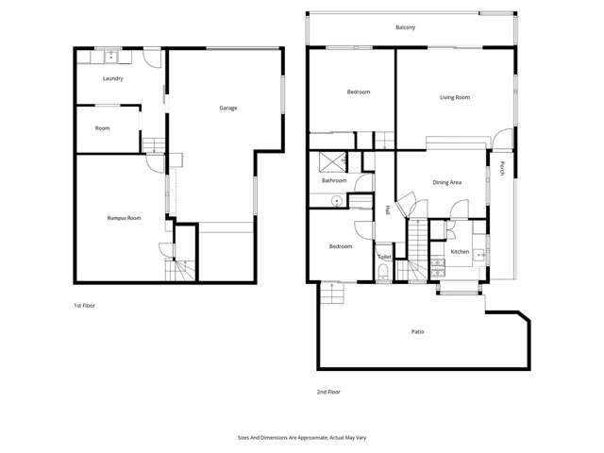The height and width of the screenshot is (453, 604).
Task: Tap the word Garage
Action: (x=227, y=108)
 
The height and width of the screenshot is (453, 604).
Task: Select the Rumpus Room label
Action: (x=123, y=218)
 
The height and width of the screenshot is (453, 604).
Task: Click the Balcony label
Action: (x=406, y=27)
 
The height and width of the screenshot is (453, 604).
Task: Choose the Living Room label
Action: (x=455, y=97)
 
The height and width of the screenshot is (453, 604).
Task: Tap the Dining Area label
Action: (x=446, y=182)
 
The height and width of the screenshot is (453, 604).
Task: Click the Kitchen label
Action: (x=460, y=252)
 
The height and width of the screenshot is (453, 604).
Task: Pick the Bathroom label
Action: (x=334, y=180)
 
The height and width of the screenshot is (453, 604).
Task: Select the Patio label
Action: (x=417, y=331)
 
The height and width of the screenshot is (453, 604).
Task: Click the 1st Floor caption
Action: (x=85, y=306)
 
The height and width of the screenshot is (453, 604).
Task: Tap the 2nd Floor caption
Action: (x=328, y=391)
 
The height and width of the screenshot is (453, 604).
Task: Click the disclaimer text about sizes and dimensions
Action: (x=301, y=438)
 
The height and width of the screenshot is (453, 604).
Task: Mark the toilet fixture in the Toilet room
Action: (x=382, y=274)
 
